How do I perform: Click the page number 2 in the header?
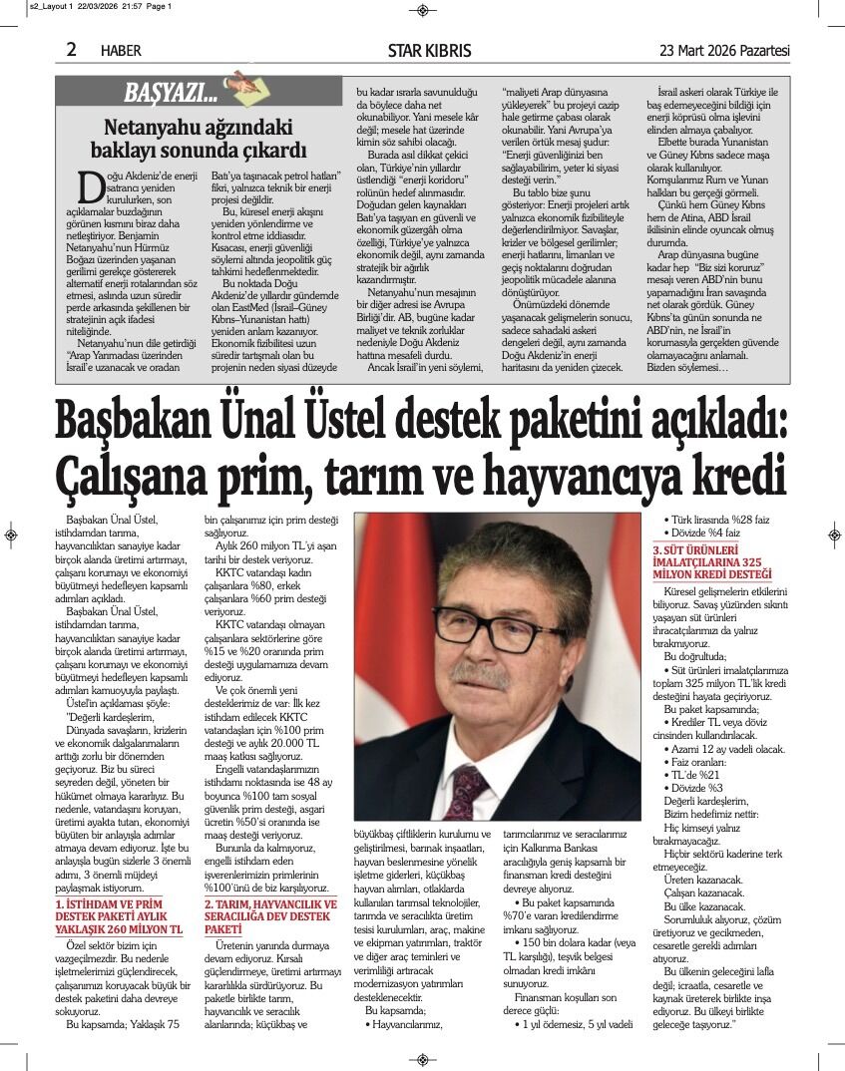[72, 49]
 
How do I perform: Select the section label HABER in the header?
[121, 50]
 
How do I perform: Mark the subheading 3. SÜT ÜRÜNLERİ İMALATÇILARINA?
[712, 562]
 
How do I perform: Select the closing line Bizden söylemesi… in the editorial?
[687, 367]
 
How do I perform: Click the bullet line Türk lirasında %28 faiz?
[713, 519]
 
